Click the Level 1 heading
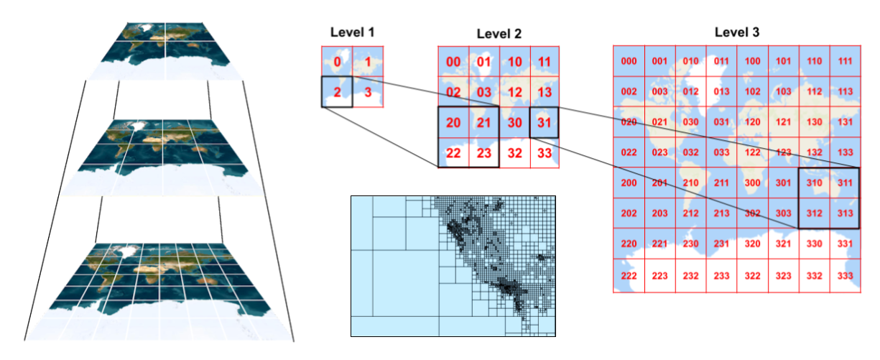coord(352,32)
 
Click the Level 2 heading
coord(499,34)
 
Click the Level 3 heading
coord(737,32)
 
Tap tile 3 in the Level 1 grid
coord(368,92)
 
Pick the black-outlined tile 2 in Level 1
coord(336,92)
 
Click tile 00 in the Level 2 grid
coord(453,62)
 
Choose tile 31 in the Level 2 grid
coord(545,123)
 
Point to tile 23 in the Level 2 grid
coord(484,153)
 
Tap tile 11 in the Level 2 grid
coord(545,62)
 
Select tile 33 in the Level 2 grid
coord(545,153)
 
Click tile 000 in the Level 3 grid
coord(629,61)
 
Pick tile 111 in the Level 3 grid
coord(845,61)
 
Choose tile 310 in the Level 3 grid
coord(814,184)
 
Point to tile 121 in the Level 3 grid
coord(783,122)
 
